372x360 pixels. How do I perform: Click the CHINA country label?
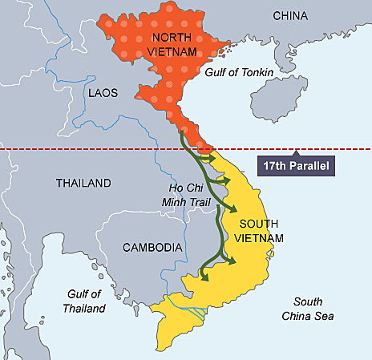coord(290,16)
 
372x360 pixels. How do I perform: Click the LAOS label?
coord(103,94)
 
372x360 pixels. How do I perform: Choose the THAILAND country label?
coord(83,184)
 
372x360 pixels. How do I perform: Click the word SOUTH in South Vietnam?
coord(259,224)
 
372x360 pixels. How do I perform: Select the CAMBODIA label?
coord(152,248)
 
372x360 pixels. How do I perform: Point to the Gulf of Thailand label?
coord(84,301)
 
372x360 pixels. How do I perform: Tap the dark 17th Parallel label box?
coord(296,167)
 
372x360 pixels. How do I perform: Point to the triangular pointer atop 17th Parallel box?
coord(296,154)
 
